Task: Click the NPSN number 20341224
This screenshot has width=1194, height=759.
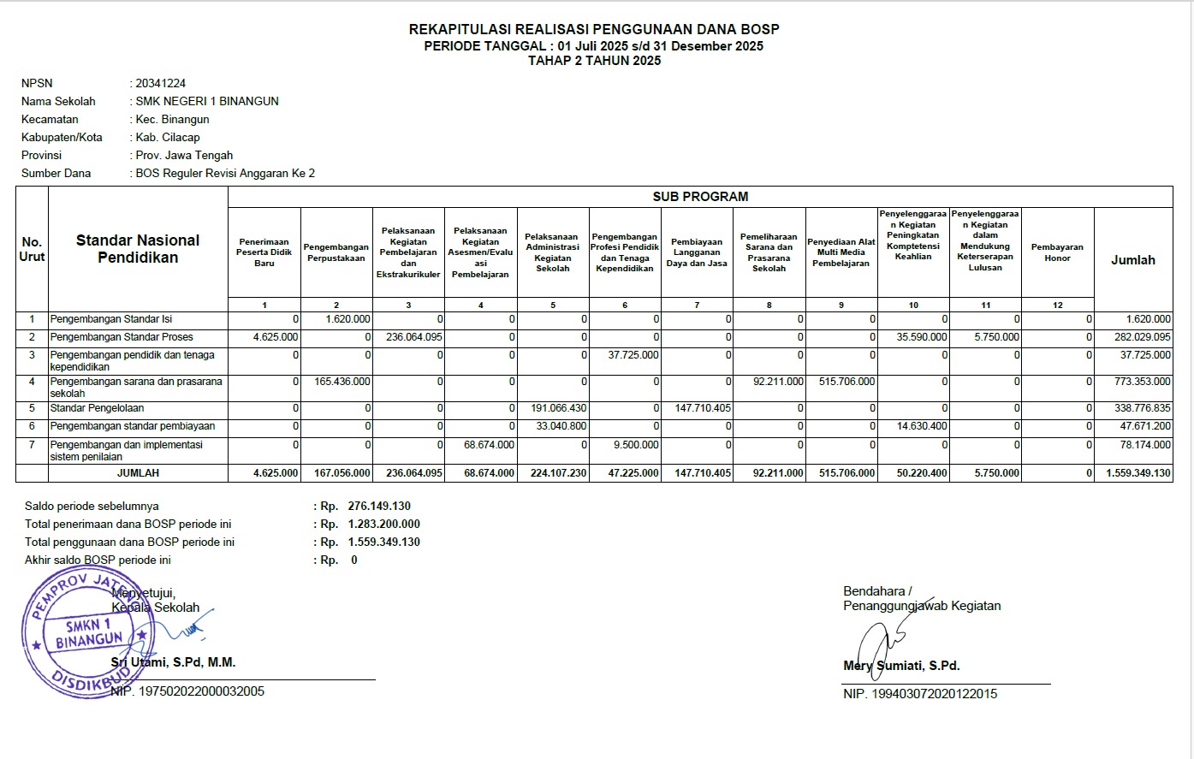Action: coord(160,83)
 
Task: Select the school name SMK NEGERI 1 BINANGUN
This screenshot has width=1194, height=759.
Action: coord(207,101)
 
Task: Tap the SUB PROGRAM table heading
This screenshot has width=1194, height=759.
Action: coord(700,197)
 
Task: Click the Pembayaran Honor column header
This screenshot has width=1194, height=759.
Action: coord(1057,252)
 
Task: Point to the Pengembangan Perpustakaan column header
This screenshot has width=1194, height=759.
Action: coord(336,252)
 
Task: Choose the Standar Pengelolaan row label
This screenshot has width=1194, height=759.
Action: coord(97,408)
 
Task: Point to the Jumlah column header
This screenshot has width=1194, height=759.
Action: coord(1132,260)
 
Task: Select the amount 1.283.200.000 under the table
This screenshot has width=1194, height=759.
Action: coord(383,524)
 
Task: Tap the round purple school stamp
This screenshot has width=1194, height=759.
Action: coord(81,632)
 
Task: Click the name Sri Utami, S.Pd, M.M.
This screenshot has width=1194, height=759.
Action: coord(173,662)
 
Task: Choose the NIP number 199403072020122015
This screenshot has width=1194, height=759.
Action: coord(934,694)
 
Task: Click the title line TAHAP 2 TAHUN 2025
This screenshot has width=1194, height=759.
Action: coord(594,61)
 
